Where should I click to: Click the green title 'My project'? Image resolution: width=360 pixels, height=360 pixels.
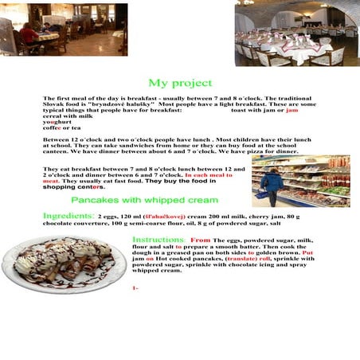180,83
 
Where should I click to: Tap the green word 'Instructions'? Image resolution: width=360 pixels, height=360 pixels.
158,239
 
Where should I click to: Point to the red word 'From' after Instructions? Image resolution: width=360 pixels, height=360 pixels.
201,239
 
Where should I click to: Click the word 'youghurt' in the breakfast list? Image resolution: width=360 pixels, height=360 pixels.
57,122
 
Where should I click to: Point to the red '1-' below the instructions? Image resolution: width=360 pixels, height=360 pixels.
135,288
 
